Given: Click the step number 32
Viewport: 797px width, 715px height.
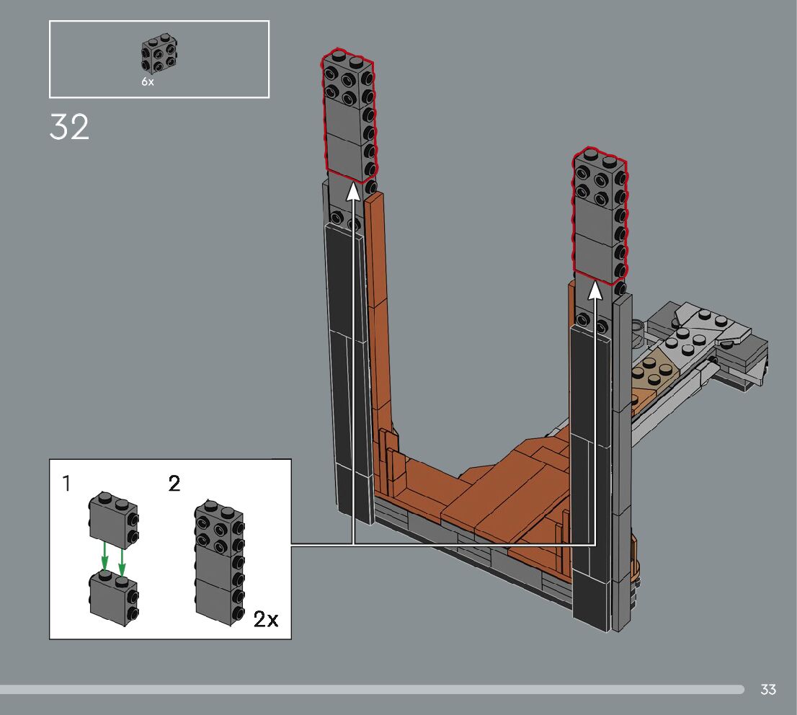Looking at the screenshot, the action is [69, 127].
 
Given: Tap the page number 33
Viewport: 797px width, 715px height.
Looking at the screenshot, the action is [768, 689].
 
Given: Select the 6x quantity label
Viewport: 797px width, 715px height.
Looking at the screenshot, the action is [148, 81].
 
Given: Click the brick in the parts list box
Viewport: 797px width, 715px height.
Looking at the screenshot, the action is [159, 53].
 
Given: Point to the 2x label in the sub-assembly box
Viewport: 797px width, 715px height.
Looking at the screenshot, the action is [266, 619].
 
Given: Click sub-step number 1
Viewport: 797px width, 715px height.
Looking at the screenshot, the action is [66, 483].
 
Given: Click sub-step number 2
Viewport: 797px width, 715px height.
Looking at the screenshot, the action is [174, 483].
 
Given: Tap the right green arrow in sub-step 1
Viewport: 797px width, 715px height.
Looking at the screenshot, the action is [122, 561].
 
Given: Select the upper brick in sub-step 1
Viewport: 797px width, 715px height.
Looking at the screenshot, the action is [114, 520].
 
